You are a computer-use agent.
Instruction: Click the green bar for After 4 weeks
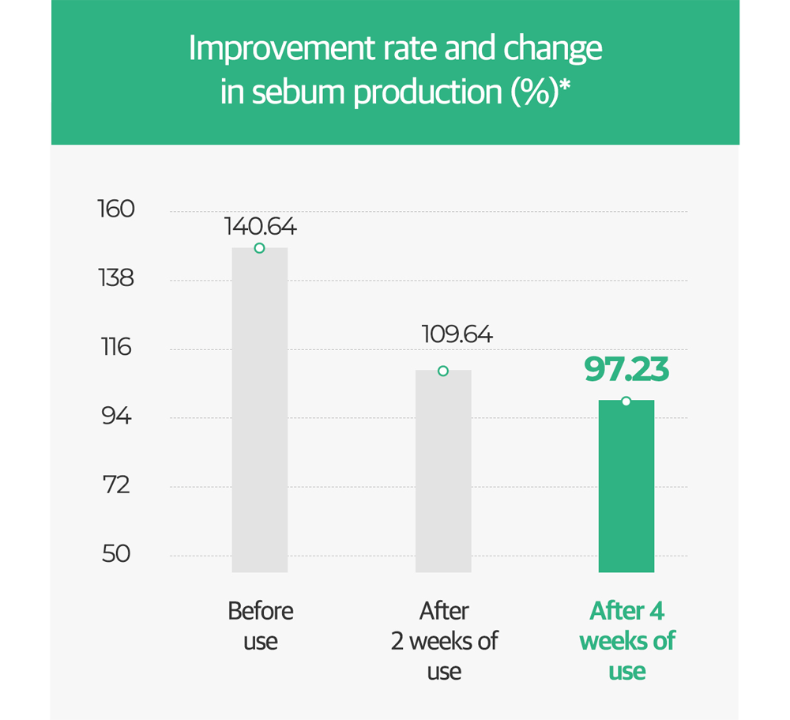[x=626, y=486]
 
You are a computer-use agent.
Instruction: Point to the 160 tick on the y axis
[x=117, y=210]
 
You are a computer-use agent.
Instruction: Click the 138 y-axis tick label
[x=117, y=279]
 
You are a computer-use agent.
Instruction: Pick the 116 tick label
[x=117, y=348]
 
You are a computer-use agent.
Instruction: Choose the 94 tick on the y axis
[x=117, y=417]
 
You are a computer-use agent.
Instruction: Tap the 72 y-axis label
[x=117, y=485]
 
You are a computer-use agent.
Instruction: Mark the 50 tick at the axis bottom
[x=117, y=554]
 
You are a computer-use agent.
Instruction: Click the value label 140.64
[x=260, y=228]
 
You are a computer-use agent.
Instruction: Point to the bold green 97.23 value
[x=626, y=370]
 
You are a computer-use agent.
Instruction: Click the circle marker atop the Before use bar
[x=259, y=248]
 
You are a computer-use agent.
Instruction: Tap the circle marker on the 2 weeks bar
[x=443, y=371]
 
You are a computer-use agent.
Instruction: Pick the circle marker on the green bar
[x=626, y=401]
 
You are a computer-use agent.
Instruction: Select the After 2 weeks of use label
[x=444, y=641]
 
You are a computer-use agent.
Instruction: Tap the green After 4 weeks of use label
[x=627, y=641]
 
